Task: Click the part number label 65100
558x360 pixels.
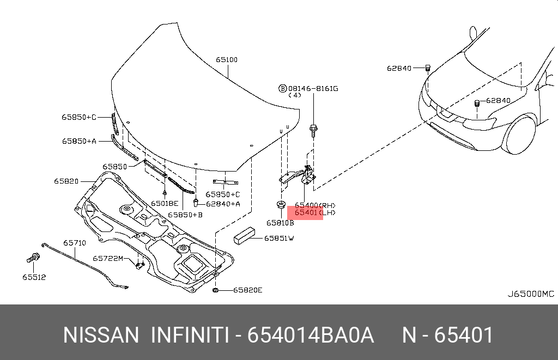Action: coord(226,60)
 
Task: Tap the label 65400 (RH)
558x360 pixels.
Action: coord(315,205)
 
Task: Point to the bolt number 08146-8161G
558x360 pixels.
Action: coord(313,88)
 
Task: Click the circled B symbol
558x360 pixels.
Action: coord(283,88)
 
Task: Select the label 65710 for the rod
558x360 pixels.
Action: coord(74,243)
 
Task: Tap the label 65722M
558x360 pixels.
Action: coord(108,258)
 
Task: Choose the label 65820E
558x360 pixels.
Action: coord(248,290)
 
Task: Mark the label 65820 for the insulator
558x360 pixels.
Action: coord(66,181)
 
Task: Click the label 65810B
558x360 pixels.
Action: coord(280,223)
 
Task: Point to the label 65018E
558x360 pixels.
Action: coord(165,203)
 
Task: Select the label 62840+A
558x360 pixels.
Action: coord(223,204)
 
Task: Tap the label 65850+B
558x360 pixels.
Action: coord(185,215)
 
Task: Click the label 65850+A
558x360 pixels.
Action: coord(78,141)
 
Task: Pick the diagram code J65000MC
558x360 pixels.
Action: coord(531,294)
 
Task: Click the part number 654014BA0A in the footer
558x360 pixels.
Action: coord(311,335)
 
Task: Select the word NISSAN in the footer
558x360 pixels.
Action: coord(101,335)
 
